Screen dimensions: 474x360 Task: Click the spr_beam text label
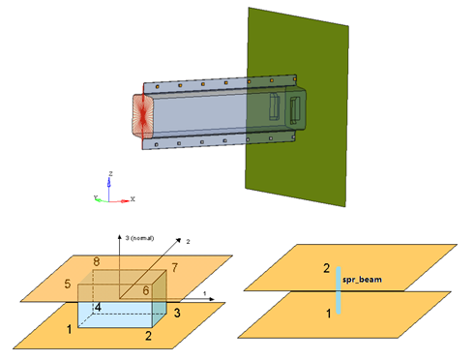(x=362, y=280)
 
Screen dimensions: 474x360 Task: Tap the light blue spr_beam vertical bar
(x=339, y=290)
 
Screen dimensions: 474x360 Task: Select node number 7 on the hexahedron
(x=174, y=267)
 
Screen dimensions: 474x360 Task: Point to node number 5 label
(x=68, y=284)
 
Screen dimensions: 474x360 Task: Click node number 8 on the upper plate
(x=96, y=261)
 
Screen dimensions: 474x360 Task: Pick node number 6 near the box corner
(x=146, y=290)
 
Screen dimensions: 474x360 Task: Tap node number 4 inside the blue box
(x=98, y=307)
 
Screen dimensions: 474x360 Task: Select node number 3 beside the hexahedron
(x=177, y=313)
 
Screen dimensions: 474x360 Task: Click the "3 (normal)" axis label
(x=139, y=238)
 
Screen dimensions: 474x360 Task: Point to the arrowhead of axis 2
(x=179, y=240)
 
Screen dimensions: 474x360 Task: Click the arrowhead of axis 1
(x=212, y=299)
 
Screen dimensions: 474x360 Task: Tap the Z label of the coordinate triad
(x=110, y=174)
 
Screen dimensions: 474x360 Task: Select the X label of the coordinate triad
(x=133, y=199)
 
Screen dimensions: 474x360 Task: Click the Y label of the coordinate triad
(x=96, y=197)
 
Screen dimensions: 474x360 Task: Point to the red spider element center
(x=143, y=114)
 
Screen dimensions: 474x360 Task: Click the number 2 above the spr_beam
(x=327, y=268)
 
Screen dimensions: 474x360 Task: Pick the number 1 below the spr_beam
(x=329, y=314)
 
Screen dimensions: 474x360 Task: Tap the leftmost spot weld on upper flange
(x=157, y=87)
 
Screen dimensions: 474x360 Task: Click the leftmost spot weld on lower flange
(x=156, y=144)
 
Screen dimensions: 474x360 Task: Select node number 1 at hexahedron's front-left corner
(x=69, y=329)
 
